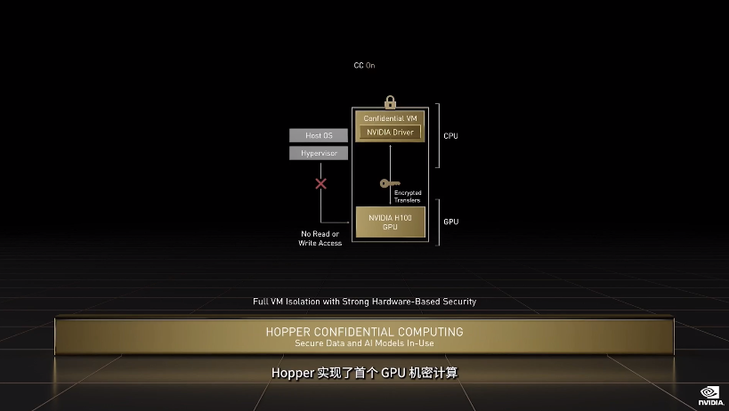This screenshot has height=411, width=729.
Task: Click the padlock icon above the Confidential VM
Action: tap(390, 101)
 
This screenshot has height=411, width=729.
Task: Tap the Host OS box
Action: tap(319, 135)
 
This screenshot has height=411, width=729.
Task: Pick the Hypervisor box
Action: tap(319, 153)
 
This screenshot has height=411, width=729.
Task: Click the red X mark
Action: tap(321, 184)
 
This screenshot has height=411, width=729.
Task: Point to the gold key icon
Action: tap(389, 184)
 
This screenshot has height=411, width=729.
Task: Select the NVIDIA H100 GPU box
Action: tap(390, 222)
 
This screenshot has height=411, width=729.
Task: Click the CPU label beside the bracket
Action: tap(450, 136)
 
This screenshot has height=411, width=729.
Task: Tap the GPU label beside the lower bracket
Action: tap(450, 221)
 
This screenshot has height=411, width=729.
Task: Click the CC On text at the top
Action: tap(364, 66)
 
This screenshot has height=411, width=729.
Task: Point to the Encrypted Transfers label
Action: tap(408, 197)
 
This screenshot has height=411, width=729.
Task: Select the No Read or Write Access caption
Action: tap(320, 238)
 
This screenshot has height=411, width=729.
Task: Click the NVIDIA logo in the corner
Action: tap(709, 394)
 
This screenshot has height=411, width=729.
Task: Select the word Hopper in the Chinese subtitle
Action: tap(292, 374)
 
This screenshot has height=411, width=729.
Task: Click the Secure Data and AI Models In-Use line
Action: tap(364, 342)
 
